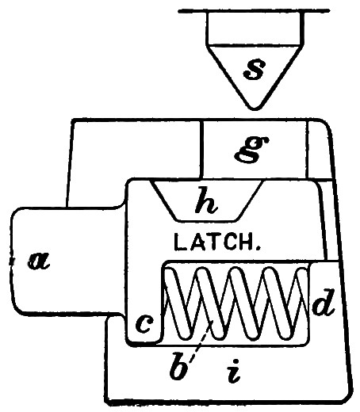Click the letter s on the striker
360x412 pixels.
pyautogui.click(x=255, y=70)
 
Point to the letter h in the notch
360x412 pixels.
pyautogui.click(x=206, y=200)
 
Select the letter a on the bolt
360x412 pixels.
pyautogui.click(x=39, y=261)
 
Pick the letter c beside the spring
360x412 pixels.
pyautogui.click(x=144, y=324)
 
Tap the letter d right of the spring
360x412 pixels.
pyautogui.click(x=324, y=302)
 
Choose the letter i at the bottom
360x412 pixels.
pyautogui.click(x=234, y=370)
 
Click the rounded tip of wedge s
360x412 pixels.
pyautogui.click(x=255, y=109)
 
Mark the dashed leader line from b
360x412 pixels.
pyautogui.click(x=200, y=344)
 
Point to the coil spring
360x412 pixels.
pyautogui.click(x=236, y=303)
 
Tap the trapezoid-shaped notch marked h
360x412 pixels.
pyautogui.click(x=207, y=200)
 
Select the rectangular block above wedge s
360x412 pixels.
pyautogui.click(x=255, y=29)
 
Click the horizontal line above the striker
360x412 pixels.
pyautogui.click(x=254, y=11)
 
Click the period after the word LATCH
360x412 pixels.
pyautogui.click(x=259, y=248)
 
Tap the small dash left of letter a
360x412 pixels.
pyautogui.click(x=11, y=261)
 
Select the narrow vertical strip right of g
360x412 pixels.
pyautogui.click(x=319, y=150)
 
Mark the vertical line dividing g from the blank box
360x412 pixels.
pyautogui.click(x=201, y=149)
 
